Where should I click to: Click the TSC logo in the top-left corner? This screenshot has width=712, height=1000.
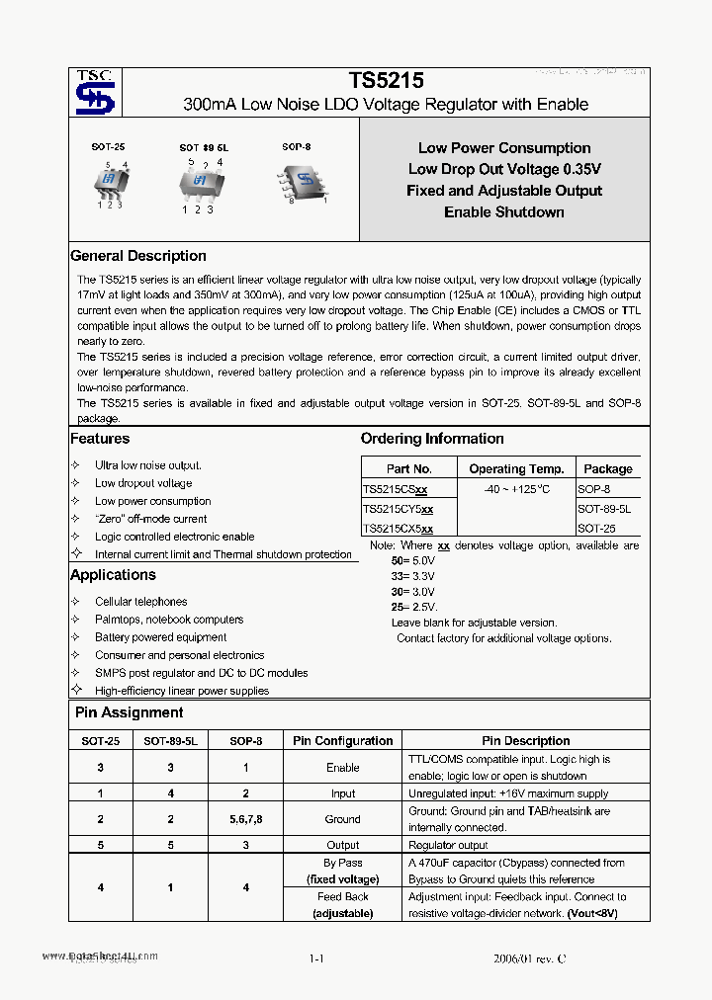coord(96,92)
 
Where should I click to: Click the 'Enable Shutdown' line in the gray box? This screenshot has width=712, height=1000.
coord(504,211)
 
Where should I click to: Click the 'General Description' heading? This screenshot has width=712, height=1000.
coord(138,256)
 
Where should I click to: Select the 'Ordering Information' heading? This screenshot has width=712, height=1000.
coord(432,439)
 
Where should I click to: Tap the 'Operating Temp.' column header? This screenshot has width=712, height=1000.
coord(516,469)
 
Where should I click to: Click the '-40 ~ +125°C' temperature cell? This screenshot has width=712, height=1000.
coord(516,490)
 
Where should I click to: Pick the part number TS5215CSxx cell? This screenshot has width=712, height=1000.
coord(396,490)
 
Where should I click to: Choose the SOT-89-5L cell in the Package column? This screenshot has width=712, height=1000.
coord(603,509)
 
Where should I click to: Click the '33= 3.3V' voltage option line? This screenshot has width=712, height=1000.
coord(412,574)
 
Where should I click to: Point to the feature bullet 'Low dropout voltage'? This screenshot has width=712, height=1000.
coord(143,483)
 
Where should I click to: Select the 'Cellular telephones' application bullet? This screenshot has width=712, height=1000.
coord(140,602)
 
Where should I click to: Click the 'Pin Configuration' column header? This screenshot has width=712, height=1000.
coord(342,741)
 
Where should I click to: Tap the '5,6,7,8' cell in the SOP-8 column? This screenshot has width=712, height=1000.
coord(245,819)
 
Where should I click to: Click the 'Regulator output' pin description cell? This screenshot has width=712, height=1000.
coord(448,845)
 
